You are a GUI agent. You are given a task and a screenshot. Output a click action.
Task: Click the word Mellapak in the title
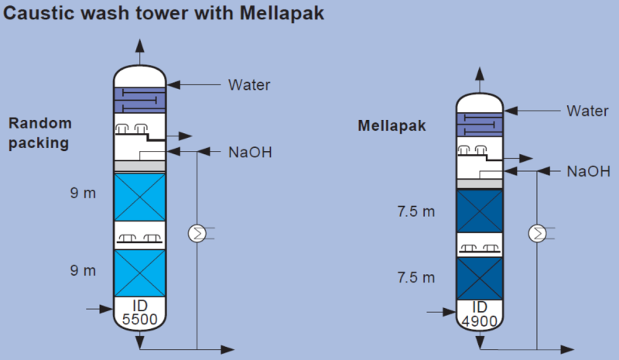282,13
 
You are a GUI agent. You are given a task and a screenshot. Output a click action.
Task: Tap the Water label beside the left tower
249,85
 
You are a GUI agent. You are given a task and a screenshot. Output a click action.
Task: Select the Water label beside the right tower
587,111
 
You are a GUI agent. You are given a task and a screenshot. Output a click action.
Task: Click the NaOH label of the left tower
250,153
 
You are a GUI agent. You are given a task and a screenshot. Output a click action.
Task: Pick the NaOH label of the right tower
589,172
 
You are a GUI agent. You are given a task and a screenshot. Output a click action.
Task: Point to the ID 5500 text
140,312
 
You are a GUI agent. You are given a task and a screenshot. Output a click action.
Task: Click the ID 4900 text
480,314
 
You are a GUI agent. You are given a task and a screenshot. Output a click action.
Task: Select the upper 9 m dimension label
83,193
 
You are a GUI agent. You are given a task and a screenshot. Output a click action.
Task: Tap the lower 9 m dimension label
83,270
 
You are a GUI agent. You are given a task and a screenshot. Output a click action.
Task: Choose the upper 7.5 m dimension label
416,211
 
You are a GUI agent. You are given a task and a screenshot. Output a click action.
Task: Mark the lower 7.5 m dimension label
416,277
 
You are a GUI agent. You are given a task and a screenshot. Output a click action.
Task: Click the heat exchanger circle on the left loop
197,233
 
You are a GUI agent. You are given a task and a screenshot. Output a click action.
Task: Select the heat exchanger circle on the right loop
537,233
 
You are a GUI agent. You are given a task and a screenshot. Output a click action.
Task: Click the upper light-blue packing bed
140,197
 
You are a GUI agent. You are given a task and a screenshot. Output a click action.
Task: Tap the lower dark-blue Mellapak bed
480,279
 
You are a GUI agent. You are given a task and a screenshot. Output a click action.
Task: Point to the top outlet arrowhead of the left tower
140,46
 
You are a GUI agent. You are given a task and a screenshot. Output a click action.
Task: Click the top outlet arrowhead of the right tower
480,74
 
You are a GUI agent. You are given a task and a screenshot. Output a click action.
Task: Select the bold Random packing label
40,133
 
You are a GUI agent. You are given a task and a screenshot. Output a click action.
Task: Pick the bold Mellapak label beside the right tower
392,126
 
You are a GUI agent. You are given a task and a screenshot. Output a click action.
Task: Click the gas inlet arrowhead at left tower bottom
107,309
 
